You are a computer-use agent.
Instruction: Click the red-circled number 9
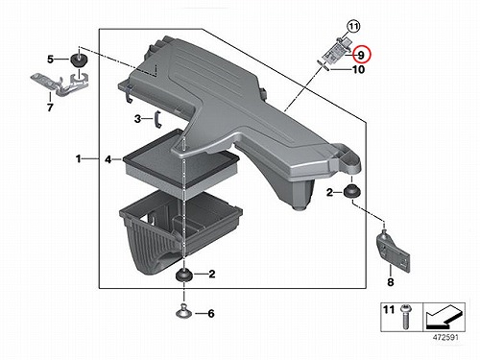point(361,55)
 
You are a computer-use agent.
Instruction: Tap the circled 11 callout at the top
point(353,27)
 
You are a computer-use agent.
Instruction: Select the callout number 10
point(358,69)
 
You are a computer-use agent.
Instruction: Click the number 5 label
point(51,60)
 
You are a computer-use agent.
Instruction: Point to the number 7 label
point(50,108)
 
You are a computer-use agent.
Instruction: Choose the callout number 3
point(137,119)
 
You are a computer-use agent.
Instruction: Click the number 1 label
point(79,158)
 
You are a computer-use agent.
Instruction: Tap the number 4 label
point(108,159)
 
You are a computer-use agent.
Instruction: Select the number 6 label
point(211,314)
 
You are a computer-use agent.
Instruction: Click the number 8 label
point(391,282)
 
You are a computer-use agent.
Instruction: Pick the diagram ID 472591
point(445,337)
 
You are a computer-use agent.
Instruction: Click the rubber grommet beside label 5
point(78,60)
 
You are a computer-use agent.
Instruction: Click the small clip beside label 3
point(157,119)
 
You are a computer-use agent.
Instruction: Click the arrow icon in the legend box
point(444,317)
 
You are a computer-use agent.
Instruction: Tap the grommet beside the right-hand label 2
point(352,192)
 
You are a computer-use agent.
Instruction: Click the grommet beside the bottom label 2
point(184,275)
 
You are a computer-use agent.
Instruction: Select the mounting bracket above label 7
point(60,83)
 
